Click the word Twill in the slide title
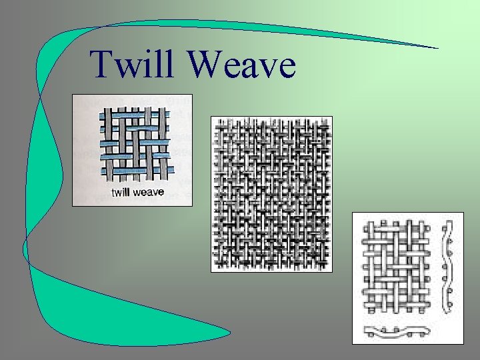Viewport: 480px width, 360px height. pyautogui.click(x=134, y=64)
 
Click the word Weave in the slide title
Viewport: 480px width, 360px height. pyautogui.click(x=241, y=65)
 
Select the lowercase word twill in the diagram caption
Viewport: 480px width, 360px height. pyautogui.click(x=123, y=193)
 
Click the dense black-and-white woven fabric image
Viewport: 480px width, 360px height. pyautogui.click(x=271, y=193)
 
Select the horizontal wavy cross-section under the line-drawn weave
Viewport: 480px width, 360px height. pyautogui.click(x=397, y=330)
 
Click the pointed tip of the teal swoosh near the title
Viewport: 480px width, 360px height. pyautogui.click(x=437, y=48)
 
